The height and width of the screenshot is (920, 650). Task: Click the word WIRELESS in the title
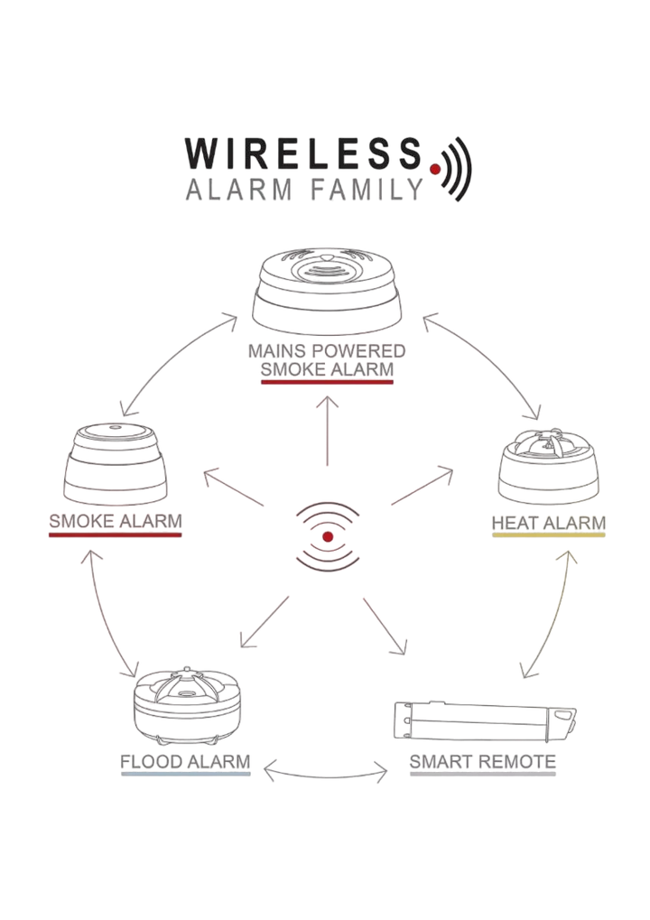[304, 153]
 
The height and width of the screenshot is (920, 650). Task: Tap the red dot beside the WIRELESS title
[435, 170]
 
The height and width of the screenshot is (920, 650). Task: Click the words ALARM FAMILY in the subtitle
[304, 191]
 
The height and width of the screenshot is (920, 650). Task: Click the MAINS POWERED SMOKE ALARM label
[327, 359]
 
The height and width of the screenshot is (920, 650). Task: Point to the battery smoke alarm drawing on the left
[115, 463]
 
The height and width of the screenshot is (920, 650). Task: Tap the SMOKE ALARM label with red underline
[116, 521]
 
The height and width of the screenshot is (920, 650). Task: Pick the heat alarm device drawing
[549, 466]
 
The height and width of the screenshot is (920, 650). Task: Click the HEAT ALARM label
[549, 523]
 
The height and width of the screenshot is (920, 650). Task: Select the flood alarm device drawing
[187, 706]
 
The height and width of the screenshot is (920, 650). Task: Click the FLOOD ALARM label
[185, 762]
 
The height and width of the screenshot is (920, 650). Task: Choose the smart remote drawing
[484, 721]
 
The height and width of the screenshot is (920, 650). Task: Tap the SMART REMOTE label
[483, 762]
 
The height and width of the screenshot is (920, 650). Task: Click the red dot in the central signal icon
[328, 536]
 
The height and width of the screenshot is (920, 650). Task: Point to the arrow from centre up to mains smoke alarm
[328, 431]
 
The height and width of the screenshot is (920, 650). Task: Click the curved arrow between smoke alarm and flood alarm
[103, 615]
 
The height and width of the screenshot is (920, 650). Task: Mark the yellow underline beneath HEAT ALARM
[549, 535]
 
